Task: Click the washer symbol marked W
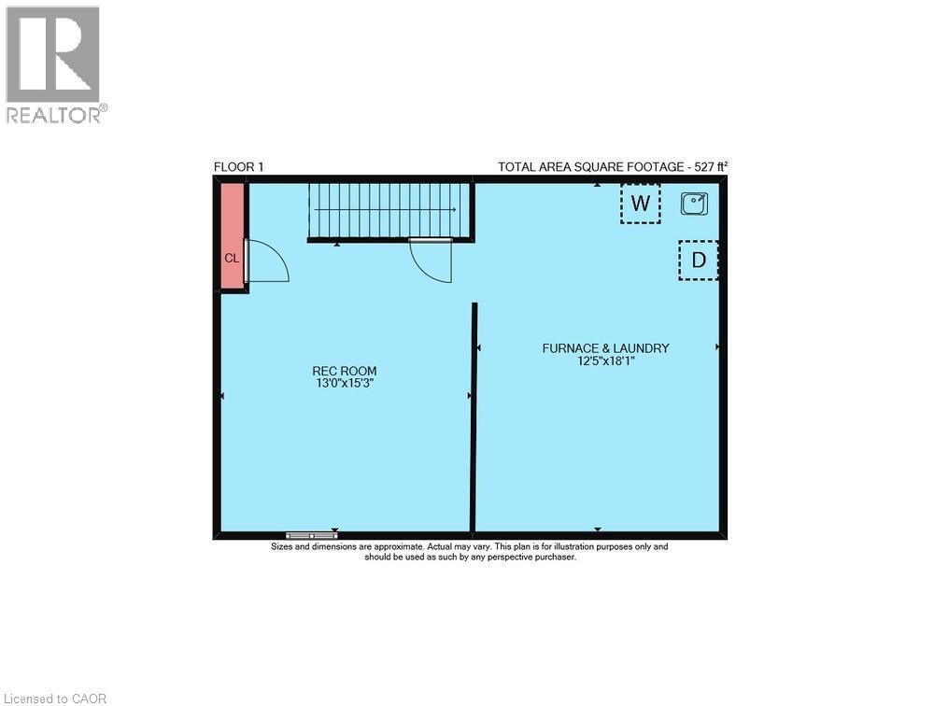point(640,204)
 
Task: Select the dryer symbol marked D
point(698,261)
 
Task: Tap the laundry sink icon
point(694,203)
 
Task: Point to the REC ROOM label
point(345,371)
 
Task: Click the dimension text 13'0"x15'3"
point(345,383)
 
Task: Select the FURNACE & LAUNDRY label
point(605,348)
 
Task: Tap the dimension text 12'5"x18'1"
point(605,360)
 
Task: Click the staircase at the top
point(390,210)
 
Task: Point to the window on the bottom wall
point(311,535)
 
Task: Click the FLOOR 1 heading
point(239,167)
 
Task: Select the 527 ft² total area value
point(709,167)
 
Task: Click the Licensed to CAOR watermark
point(55,698)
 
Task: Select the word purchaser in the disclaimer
point(554,557)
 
